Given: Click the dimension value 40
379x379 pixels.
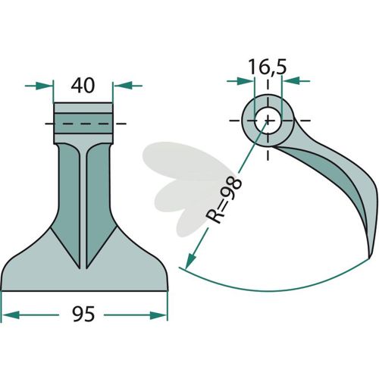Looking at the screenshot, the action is (83, 86).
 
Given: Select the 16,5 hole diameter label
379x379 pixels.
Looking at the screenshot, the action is (268, 67).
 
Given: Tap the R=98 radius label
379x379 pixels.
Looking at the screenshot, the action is (224, 200).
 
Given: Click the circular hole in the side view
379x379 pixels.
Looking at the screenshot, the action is (268, 121).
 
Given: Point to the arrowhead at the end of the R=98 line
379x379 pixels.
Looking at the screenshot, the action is (190, 262).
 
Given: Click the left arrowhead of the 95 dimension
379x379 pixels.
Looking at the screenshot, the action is (11, 315).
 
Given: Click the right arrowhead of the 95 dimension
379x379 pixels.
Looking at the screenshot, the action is (158, 315).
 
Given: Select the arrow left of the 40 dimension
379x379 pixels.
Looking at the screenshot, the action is (39, 86).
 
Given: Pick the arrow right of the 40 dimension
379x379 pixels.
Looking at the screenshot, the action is (127, 86).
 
